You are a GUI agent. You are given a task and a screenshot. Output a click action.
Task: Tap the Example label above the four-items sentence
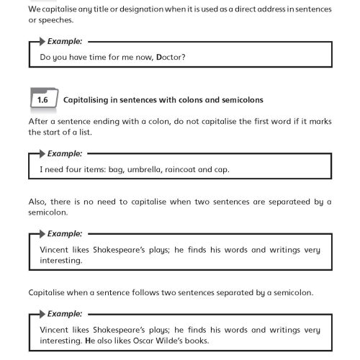pyautogui.click(x=65, y=153)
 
